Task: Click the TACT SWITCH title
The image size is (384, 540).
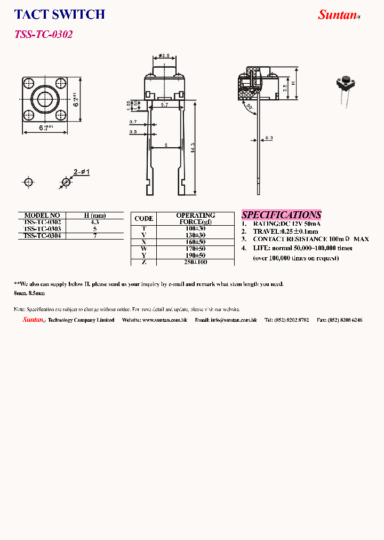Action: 59,15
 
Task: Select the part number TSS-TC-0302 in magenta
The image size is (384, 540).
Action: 43,34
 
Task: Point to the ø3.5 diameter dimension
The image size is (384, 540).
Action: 164,56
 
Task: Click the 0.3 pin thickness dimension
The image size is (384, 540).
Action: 269,139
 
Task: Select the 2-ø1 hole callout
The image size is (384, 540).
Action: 82,172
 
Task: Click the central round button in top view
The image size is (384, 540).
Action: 43,100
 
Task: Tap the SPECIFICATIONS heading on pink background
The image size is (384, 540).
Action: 282,215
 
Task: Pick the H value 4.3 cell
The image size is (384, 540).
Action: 95,221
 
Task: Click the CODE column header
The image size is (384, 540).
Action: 143,218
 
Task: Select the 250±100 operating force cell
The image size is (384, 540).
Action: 195,262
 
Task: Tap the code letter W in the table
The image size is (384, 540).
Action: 143,249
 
